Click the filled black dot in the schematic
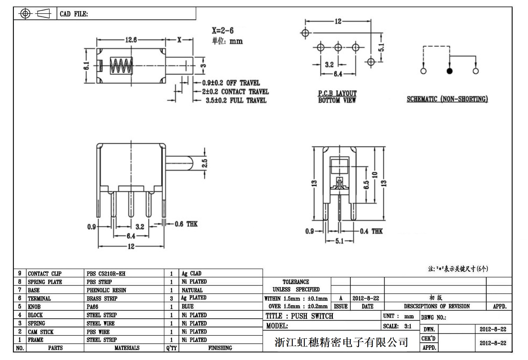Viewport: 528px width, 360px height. tap(449, 71)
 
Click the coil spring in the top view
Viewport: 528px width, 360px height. tap(121, 66)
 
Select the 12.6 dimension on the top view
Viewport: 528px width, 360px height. tap(131, 40)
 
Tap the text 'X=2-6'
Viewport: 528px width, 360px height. tap(223, 30)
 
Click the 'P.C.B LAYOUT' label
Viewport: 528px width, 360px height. tap(337, 93)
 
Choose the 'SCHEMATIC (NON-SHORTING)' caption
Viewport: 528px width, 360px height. tap(447, 99)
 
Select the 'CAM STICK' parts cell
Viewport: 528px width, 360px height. tap(41, 332)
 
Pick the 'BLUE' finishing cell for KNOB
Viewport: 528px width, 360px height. tap(188, 307)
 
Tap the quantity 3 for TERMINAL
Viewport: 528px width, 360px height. tap(171, 299)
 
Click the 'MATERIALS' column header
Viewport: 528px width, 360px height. tap(127, 348)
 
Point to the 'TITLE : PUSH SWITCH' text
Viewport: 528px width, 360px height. tap(299, 316)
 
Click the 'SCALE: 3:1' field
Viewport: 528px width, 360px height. tap(397, 326)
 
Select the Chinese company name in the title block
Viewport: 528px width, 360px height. tap(341, 342)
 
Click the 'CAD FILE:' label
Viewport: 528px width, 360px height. tap(74, 14)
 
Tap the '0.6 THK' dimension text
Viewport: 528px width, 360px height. tap(186, 224)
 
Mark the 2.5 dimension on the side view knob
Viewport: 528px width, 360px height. tap(204, 163)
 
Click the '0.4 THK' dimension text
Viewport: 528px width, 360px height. tap(371, 231)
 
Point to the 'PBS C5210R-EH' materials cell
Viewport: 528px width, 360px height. tap(106, 274)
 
